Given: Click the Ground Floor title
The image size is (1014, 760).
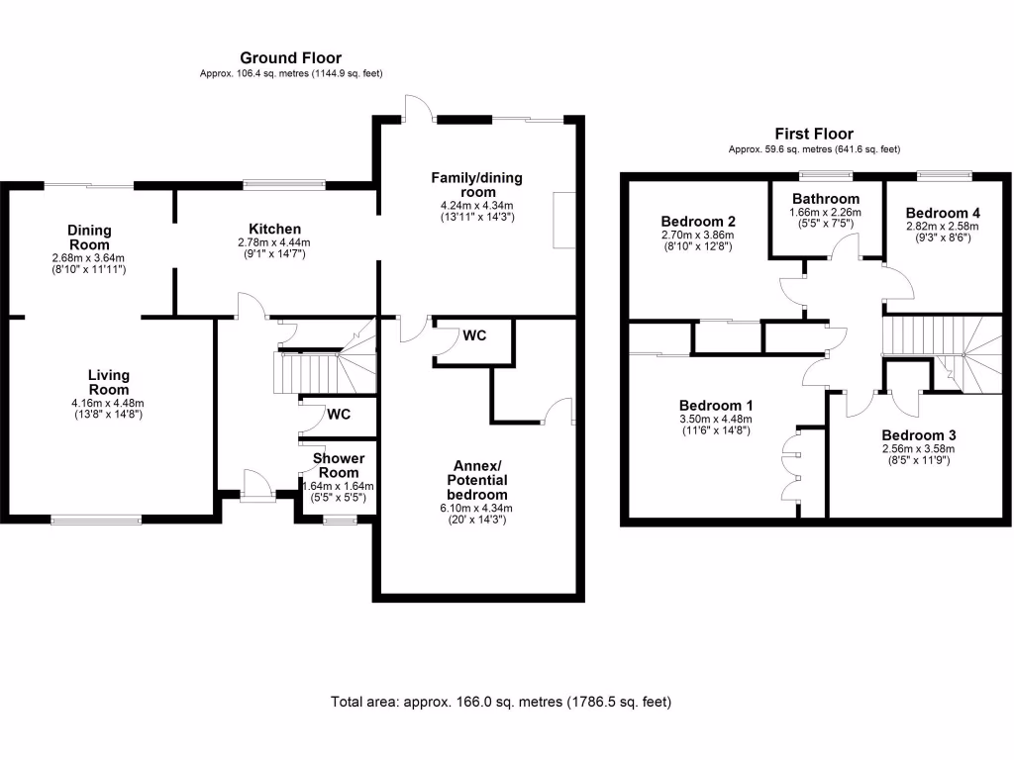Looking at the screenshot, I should click(291, 58).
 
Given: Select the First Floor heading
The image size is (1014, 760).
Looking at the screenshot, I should click(814, 134).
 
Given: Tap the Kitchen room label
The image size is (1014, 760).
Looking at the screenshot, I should click(274, 229).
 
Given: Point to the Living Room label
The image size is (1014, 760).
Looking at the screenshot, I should click(108, 382).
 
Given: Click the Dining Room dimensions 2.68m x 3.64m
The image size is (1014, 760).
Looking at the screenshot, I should click(90, 257).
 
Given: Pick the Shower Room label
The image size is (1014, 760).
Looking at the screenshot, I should click(339, 465).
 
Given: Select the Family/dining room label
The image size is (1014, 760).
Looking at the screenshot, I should click(476, 184).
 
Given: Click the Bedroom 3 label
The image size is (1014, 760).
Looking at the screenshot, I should click(919, 435).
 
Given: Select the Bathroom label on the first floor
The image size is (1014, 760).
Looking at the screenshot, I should click(825, 199).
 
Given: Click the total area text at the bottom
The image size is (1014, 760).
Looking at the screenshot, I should click(501, 703).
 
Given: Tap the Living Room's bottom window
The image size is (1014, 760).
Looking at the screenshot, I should click(96, 518).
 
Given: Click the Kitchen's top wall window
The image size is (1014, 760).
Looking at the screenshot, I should click(285, 183).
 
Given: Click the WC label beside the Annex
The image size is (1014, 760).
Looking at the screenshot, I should click(474, 336).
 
